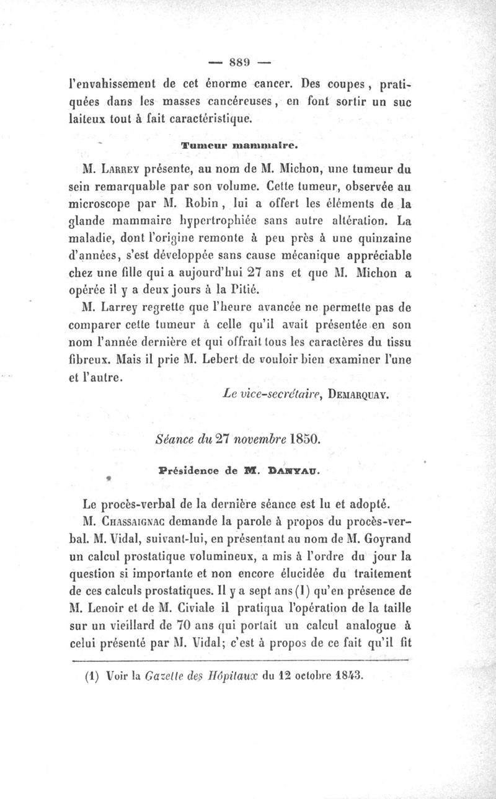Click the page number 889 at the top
(x=239, y=63)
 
